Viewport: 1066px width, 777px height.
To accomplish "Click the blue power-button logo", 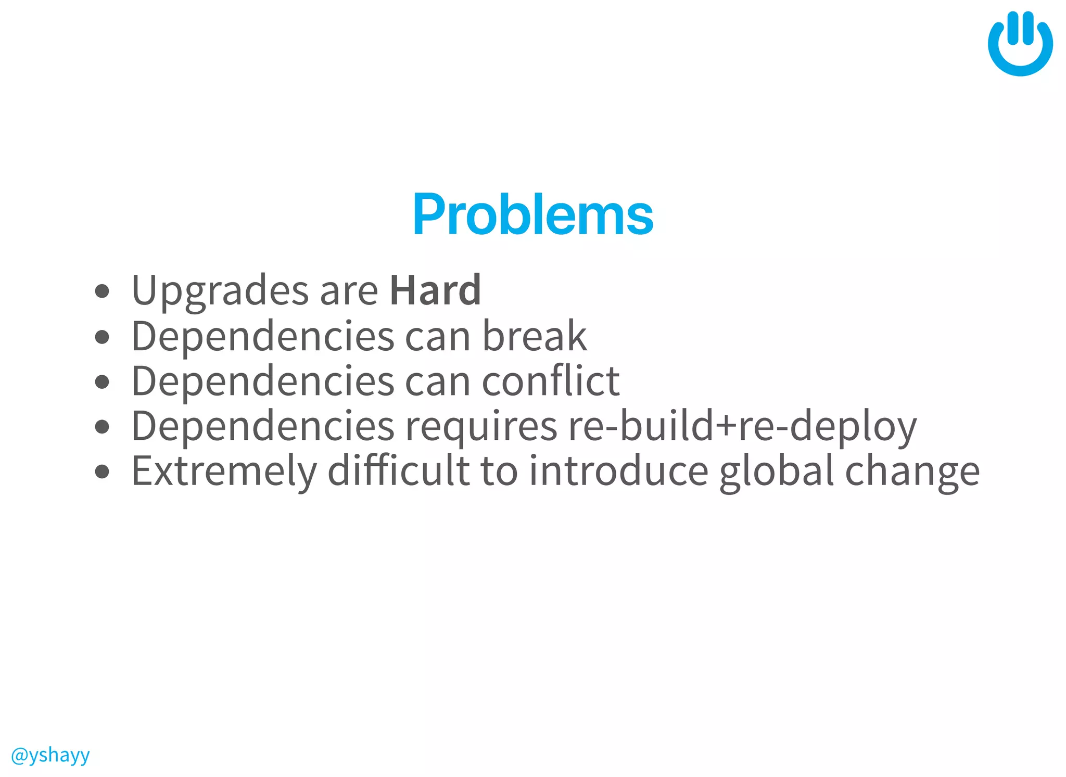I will click(1020, 44).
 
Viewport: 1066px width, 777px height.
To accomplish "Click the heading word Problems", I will click(532, 214).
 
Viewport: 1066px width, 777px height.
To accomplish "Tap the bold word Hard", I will click(435, 290).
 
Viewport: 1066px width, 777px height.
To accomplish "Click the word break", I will click(534, 336).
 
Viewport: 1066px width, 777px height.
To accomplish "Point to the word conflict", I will click(551, 381).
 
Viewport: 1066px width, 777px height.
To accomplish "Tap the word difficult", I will click(398, 471).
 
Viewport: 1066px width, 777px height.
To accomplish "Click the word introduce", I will click(619, 471).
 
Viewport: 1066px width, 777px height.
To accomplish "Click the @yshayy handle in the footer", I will click(50, 755).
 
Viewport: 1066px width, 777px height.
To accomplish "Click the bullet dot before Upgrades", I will click(103, 291).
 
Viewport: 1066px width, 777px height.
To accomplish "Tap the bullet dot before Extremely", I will click(103, 472).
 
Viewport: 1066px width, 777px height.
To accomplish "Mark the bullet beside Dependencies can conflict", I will click(103, 381).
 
